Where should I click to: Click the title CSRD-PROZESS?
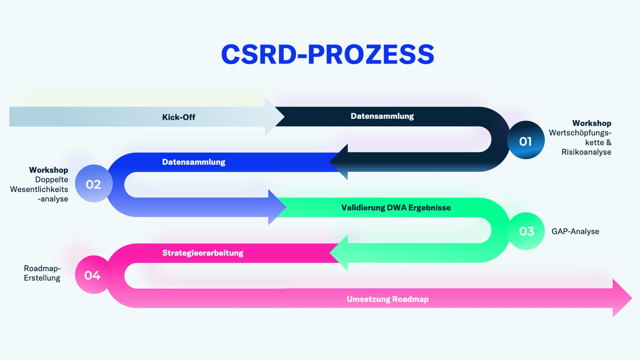pos(328,55)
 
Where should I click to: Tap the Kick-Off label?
pos(179,117)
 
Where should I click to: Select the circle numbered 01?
pos(526,141)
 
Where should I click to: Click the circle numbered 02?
pos(94,184)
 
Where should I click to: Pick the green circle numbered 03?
pos(526,231)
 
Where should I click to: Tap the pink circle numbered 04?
pos(93,275)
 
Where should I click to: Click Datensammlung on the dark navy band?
pos(382,116)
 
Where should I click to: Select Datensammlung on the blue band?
pos(194,162)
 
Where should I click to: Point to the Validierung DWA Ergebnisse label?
pos(396,208)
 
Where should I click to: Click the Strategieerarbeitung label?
pos(203,253)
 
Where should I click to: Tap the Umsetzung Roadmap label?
pos(388,299)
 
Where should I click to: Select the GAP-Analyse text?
pos(575,231)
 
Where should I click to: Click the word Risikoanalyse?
pos(586,152)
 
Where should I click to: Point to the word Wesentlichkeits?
pos(39,189)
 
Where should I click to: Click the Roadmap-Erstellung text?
pos(42,273)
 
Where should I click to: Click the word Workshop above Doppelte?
pos(49,170)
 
